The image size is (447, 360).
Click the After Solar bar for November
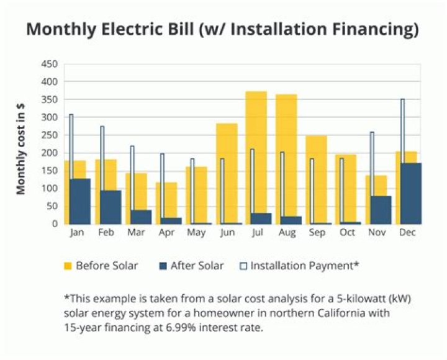381,210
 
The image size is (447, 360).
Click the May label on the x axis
196,233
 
